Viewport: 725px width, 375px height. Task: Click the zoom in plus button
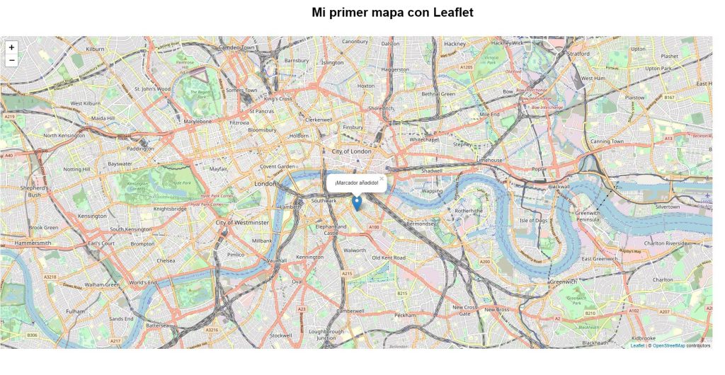11,47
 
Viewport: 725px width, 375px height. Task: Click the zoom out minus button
11,61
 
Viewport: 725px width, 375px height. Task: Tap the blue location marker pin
357,203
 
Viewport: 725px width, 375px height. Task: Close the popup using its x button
382,178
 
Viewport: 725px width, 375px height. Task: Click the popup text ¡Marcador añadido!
356,183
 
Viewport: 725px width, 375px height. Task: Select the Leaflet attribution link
637,345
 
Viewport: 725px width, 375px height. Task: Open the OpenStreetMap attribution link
668,345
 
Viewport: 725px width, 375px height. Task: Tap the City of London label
351,151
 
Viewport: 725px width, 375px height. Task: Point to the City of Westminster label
242,222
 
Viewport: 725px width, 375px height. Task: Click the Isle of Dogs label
533,221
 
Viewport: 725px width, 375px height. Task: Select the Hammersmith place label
33,243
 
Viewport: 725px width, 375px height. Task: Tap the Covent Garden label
277,166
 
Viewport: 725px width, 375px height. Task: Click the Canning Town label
607,142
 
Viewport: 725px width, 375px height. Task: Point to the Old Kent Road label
389,258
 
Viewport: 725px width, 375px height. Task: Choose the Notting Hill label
76,169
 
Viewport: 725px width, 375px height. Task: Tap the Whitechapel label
424,139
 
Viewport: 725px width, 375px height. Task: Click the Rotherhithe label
469,211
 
